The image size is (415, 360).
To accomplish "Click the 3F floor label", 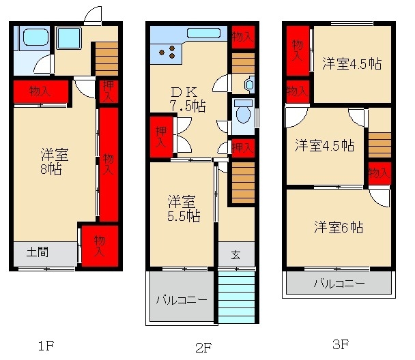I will (x=339, y=344).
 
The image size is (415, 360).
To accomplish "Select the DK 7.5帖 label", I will (x=188, y=98).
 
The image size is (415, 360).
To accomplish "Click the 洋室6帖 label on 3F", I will (x=339, y=227).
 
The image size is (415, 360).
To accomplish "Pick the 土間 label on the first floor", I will (x=38, y=252).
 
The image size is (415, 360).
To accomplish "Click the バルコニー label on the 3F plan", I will (x=339, y=283).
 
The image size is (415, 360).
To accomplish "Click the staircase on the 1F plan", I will (x=106, y=59).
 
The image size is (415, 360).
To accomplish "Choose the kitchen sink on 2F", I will (x=203, y=33).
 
